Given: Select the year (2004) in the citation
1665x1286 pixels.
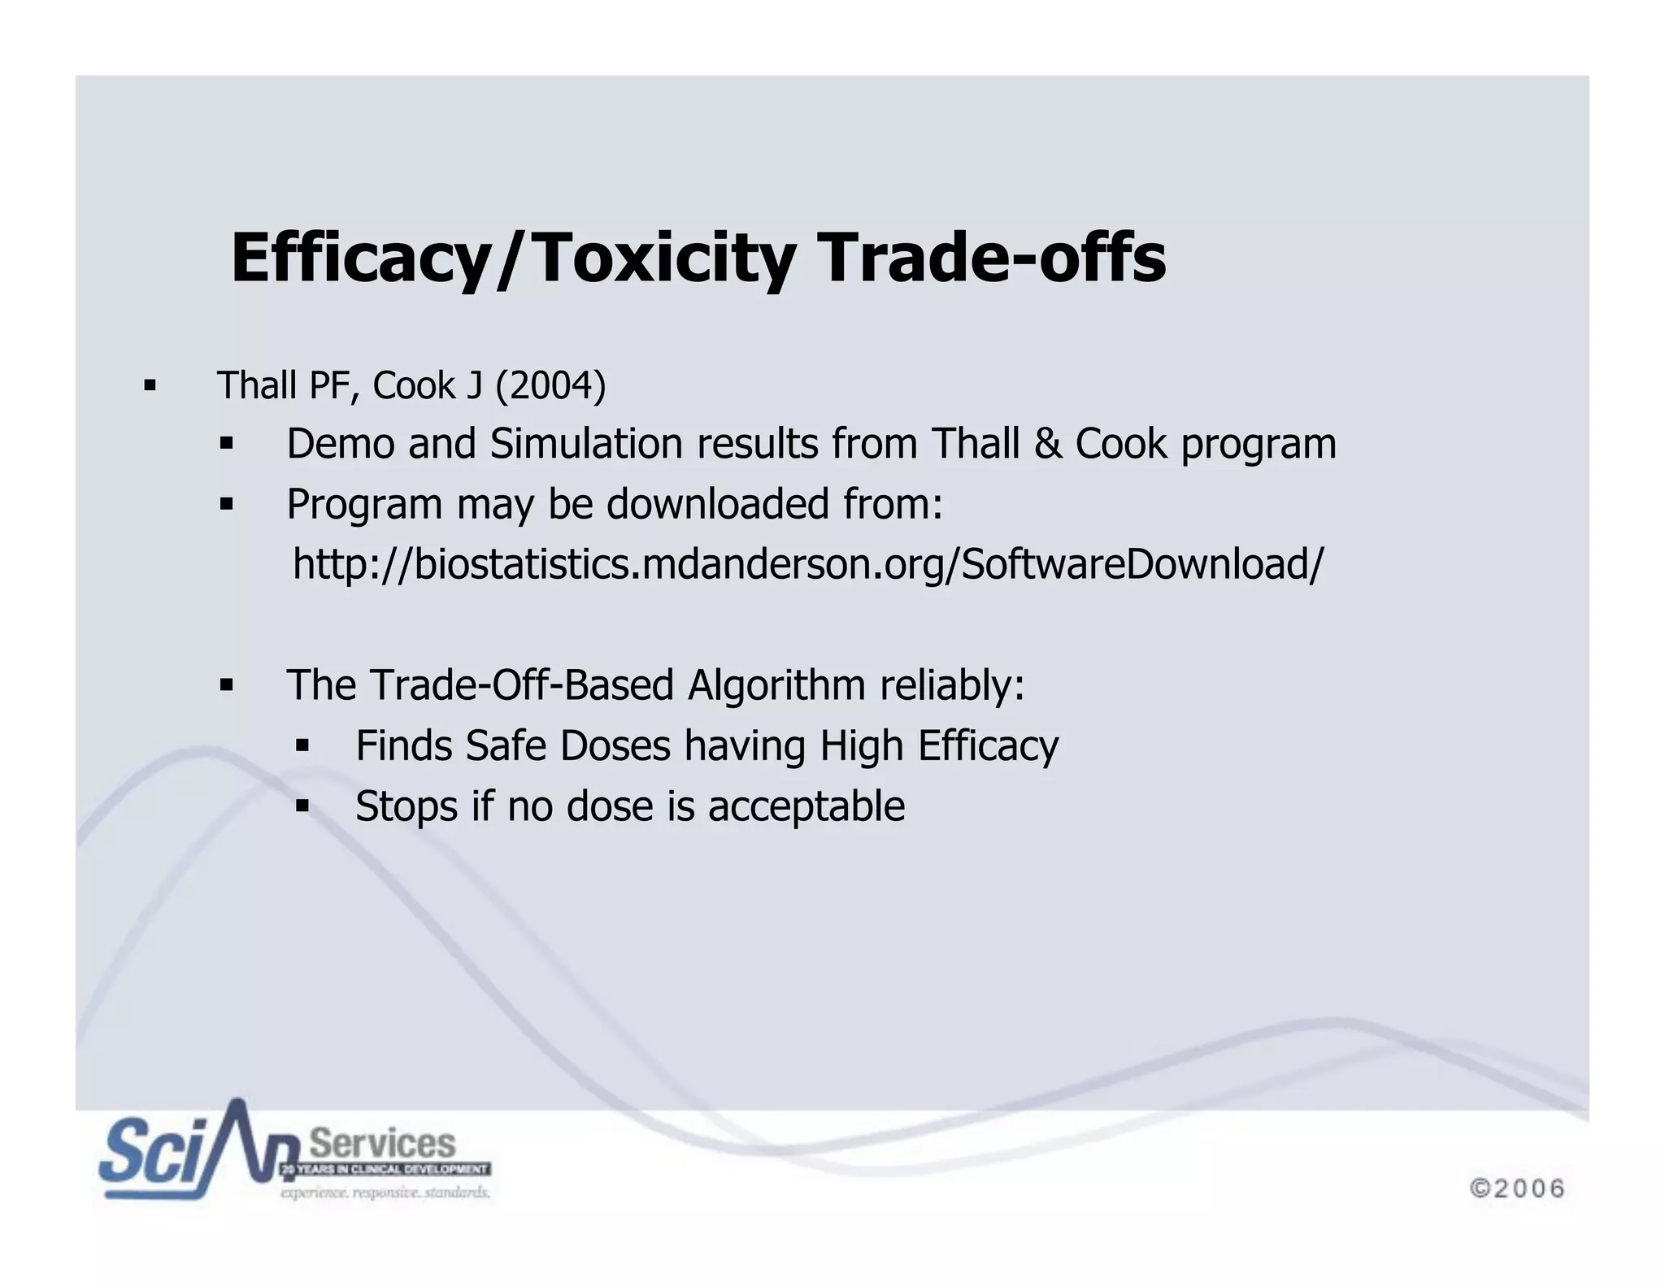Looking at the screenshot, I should (x=551, y=385).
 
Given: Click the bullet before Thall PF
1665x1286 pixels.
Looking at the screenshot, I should (x=150, y=385).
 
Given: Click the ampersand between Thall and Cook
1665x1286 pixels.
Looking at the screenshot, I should (x=1047, y=445).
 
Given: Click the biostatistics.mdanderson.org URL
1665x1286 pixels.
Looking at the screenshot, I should (x=807, y=563).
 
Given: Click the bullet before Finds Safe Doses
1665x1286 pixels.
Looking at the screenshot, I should (x=302, y=745).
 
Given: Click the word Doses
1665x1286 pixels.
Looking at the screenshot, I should (x=615, y=745).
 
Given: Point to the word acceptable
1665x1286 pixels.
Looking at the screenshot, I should (x=806, y=806).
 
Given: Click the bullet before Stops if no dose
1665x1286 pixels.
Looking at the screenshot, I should (x=302, y=806).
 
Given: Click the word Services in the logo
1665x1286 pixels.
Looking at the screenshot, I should (x=383, y=1144).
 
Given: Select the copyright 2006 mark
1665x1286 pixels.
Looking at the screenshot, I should (x=1517, y=1188).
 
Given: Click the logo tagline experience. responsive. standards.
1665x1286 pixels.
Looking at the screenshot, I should (x=385, y=1193).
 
